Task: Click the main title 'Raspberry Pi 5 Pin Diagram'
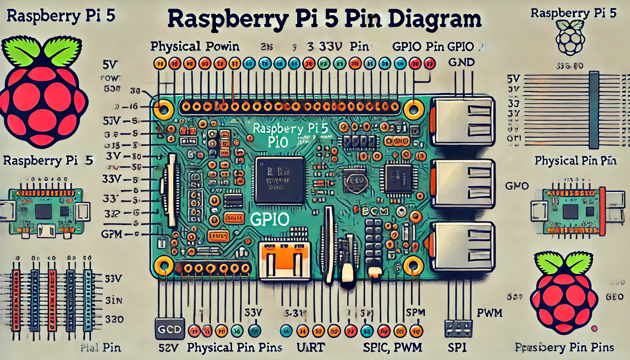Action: click(324, 19)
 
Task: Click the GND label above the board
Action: click(461, 63)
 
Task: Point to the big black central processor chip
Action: click(280, 180)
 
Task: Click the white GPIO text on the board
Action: click(270, 220)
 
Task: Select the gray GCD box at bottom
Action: click(169, 329)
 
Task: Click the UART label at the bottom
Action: click(310, 348)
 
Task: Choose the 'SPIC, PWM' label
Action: click(392, 348)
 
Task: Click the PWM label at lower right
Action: click(489, 313)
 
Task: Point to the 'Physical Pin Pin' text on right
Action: click(576, 161)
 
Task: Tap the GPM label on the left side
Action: click(111, 234)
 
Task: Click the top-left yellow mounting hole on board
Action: click(164, 109)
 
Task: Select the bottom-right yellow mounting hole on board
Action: click(413, 266)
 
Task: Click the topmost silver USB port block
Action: click(462, 121)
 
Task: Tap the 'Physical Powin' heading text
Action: click(195, 47)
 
